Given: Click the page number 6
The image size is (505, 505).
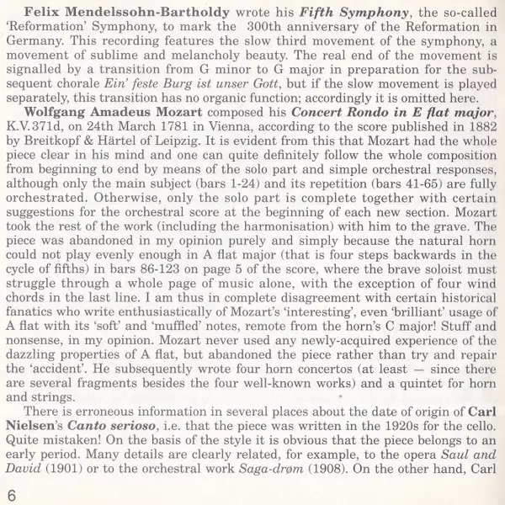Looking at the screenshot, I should pyautogui.click(x=11, y=492).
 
